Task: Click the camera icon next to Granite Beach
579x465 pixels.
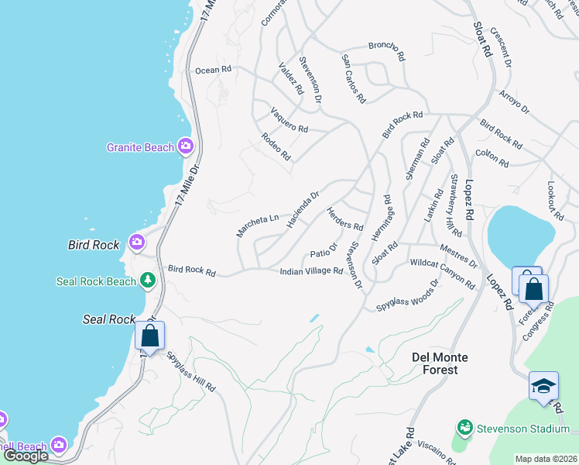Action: (x=185, y=146)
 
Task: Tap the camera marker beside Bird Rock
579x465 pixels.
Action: (x=137, y=243)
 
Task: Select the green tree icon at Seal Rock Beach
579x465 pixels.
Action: (x=146, y=281)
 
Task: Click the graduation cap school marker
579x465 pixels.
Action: (x=543, y=386)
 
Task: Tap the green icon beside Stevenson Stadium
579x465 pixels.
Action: (x=464, y=428)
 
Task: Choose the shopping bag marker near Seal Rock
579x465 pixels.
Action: (x=150, y=337)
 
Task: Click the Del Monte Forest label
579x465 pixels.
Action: (x=435, y=363)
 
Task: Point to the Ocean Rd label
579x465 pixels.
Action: (x=213, y=70)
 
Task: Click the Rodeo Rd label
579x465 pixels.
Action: (x=276, y=146)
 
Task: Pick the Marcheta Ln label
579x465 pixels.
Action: (x=257, y=225)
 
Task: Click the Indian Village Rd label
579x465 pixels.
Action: (x=311, y=270)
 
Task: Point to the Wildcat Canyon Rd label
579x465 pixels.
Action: (x=442, y=274)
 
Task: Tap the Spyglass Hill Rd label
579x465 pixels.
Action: (x=191, y=371)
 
